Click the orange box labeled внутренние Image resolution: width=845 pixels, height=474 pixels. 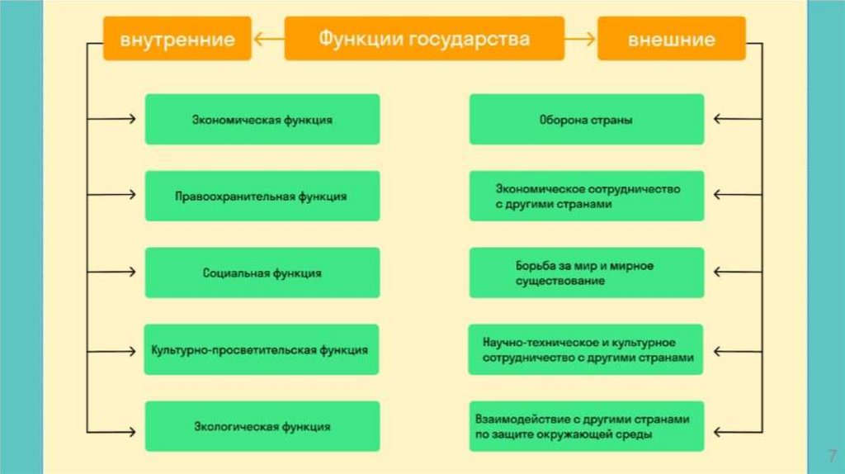[x=177, y=39]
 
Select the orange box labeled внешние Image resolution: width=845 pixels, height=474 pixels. [x=670, y=39]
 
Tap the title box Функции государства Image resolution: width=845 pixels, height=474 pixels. [x=424, y=39]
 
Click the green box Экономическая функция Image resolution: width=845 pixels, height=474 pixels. [x=262, y=120]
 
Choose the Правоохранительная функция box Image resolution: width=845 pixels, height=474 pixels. [x=262, y=197]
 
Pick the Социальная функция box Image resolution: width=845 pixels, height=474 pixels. [x=262, y=273]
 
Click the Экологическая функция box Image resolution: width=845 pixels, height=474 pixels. [x=262, y=426]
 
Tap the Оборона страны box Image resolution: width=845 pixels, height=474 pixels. [x=587, y=120]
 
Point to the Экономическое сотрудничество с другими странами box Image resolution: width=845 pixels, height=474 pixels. [x=587, y=197]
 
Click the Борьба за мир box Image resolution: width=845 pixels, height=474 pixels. [x=587, y=273]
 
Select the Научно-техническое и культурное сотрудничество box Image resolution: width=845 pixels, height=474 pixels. [x=587, y=349]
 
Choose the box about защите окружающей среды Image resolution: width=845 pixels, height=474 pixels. [x=587, y=426]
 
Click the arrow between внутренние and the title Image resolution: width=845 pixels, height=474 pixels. [x=267, y=39]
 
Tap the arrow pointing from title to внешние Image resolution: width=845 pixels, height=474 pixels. [x=581, y=39]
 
